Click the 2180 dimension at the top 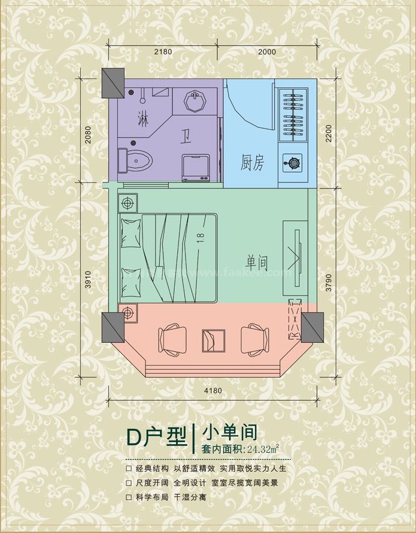click(x=163, y=51)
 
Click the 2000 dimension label click(x=267, y=51)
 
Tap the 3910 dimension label click(x=88, y=277)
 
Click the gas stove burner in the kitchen click(x=294, y=162)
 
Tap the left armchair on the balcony click(x=170, y=339)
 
